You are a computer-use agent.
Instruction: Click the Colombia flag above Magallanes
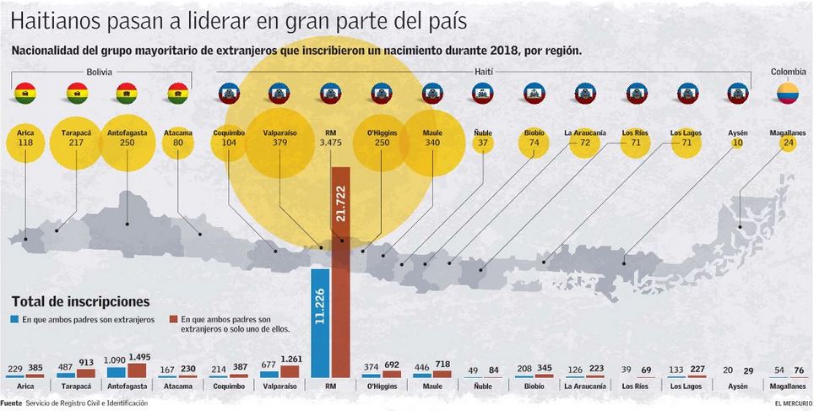coord(787,93)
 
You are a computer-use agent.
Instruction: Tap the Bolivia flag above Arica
coord(25,93)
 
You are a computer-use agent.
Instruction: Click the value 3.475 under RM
coord(330,143)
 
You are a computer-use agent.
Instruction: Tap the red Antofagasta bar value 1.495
coord(140,357)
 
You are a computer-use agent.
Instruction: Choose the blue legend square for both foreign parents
coord(14,320)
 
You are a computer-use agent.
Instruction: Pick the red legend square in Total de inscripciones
coord(172,320)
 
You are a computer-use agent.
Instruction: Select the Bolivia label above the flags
coord(100,73)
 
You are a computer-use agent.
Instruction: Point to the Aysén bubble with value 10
coord(737,143)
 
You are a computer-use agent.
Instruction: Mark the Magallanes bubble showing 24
coord(788,143)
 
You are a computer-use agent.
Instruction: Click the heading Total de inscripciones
coord(80,301)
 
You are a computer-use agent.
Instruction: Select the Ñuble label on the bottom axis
coord(482,386)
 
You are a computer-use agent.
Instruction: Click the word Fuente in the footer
coord(12,403)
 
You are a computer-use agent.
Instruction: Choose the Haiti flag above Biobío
coord(534,93)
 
